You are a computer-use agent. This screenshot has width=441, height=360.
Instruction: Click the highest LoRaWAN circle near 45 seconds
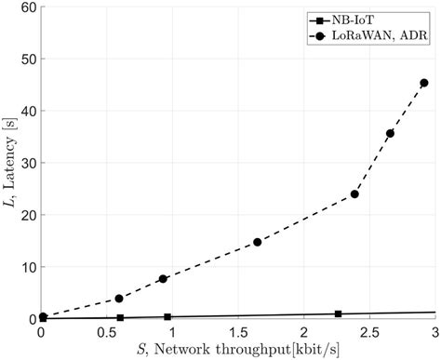point(423,83)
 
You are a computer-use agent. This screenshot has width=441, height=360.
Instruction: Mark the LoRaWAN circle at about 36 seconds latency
point(390,134)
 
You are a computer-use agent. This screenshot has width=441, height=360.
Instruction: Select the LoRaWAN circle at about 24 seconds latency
point(354,194)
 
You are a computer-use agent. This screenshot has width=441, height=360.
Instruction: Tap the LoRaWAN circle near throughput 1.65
point(258,242)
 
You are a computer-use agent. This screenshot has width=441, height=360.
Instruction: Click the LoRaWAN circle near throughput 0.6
point(119,299)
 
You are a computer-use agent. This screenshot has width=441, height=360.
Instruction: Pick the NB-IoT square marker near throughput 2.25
point(338,314)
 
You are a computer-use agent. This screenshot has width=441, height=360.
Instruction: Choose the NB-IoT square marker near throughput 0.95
point(167,317)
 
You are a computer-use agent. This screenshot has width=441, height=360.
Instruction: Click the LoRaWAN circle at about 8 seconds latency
point(163,279)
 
